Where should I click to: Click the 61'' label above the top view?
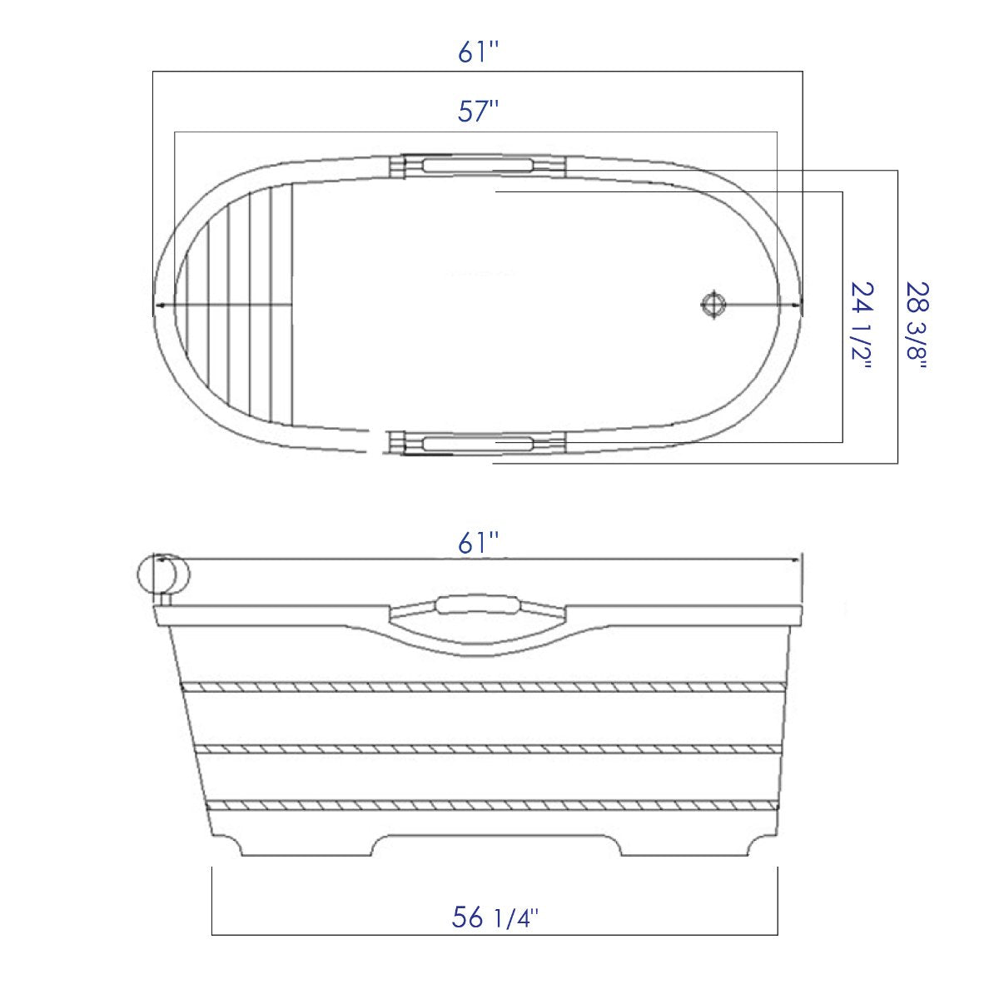478,53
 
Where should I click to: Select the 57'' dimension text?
478,112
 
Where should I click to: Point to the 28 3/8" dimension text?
916,328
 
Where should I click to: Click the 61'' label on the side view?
478,544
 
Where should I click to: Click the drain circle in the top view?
713,305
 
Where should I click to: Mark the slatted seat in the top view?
241,306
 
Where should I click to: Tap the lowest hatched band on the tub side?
495,805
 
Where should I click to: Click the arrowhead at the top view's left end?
158,306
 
